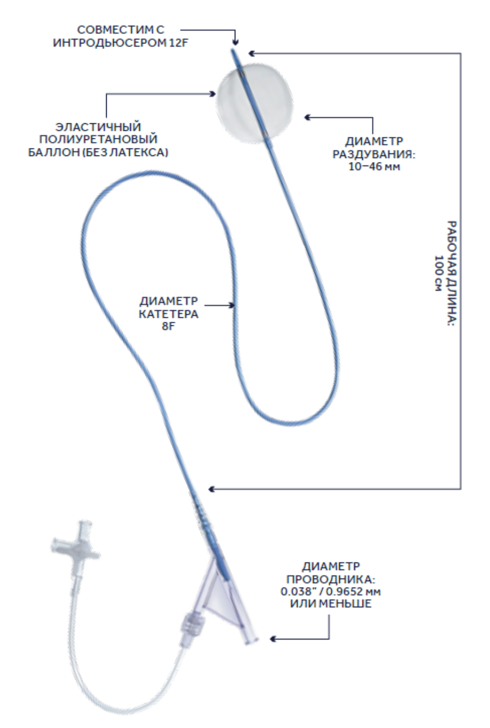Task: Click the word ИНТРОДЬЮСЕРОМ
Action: [x=109, y=42]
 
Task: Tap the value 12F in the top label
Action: [x=179, y=42]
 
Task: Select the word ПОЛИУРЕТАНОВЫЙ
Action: [x=98, y=139]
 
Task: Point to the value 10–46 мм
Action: [x=374, y=167]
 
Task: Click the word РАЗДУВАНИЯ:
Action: [x=374, y=154]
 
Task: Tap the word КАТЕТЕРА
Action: [x=169, y=314]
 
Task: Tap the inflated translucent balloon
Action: [x=255, y=106]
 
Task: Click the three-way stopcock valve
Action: [x=76, y=543]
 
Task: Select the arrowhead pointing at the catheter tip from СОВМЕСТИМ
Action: [x=235, y=42]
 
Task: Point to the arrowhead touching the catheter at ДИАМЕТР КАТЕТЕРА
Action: [x=231, y=305]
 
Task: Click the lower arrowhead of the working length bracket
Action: [x=212, y=488]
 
